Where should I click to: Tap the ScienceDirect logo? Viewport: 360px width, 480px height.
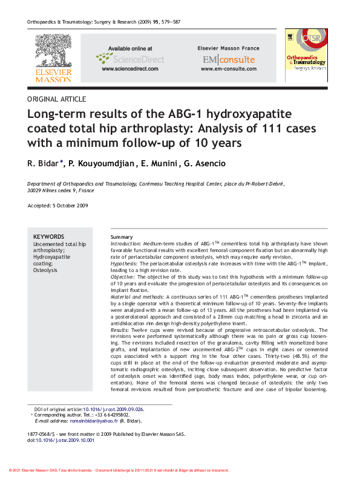point(129,58)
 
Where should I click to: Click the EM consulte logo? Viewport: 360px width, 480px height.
point(229,59)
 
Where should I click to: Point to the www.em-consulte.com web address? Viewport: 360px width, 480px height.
point(228,69)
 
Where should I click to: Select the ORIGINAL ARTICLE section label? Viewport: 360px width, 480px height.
point(57,99)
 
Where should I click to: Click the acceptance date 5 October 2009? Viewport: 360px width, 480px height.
point(71,206)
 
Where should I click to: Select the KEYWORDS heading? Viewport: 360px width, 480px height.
point(48,236)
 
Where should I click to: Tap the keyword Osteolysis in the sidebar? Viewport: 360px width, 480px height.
point(45,270)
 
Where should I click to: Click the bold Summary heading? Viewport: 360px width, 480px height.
point(122,236)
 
